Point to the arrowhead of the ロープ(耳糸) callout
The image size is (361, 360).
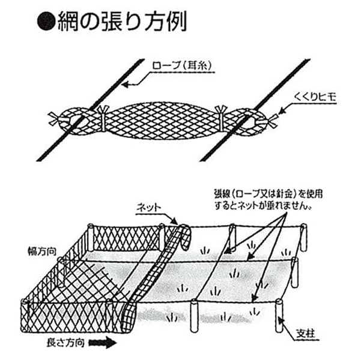[x=124, y=86]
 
